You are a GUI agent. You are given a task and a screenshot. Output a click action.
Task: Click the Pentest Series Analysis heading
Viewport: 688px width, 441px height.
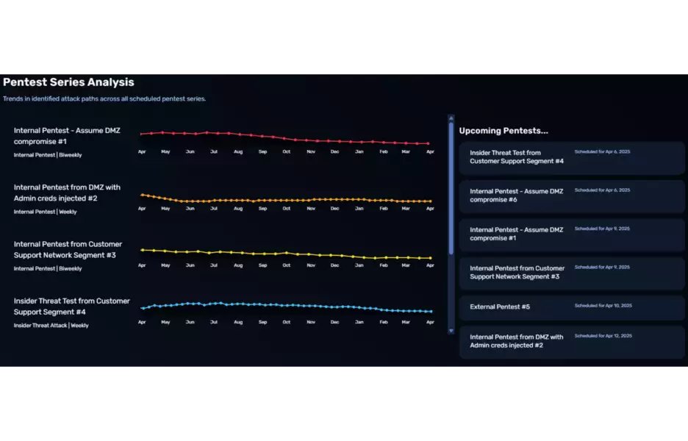(68, 82)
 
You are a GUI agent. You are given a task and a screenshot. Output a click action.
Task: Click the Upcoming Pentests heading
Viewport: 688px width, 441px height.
(504, 131)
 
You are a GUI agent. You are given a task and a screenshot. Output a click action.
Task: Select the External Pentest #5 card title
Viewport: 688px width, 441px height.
(500, 306)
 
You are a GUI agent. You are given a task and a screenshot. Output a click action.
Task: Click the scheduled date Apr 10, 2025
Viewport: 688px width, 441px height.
(603, 305)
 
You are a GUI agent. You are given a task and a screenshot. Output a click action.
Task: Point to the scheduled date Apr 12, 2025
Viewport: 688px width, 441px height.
(603, 336)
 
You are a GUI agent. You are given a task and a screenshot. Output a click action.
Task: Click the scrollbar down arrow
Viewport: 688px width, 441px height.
(451, 331)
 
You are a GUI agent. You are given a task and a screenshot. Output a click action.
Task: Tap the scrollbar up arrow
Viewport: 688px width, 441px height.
(451, 118)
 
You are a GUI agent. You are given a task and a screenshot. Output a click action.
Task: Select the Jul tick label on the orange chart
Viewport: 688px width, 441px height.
(214, 208)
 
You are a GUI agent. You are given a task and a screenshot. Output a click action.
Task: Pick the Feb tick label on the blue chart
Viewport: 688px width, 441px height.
(384, 322)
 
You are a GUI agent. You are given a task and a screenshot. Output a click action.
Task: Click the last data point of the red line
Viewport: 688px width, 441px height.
(429, 143)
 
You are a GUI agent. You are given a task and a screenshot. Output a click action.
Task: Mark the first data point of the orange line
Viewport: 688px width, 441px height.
(142, 195)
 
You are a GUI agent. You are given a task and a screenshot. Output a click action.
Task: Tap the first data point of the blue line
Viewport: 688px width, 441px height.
(142, 308)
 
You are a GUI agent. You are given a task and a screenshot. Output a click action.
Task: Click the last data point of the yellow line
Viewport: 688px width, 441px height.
(430, 258)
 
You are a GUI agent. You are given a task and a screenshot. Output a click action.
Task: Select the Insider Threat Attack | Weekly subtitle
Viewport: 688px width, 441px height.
(51, 326)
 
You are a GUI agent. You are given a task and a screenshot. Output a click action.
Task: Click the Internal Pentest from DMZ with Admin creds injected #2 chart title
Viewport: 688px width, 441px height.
(67, 193)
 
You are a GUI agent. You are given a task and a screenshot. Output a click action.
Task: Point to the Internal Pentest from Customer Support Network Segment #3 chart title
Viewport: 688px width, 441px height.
(68, 249)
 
